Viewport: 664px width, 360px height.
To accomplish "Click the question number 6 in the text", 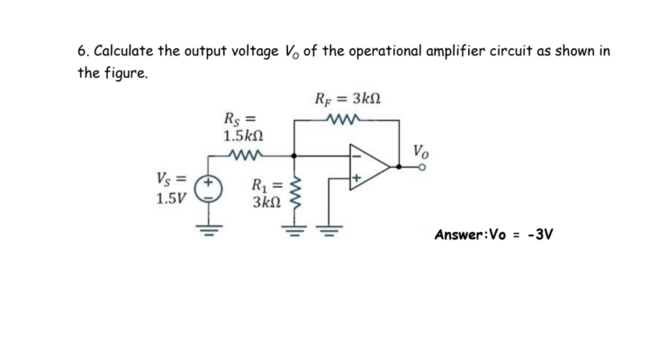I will click(x=82, y=53).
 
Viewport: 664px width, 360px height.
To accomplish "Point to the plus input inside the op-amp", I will click(x=356, y=177).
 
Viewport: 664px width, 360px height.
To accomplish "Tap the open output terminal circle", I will click(x=425, y=166).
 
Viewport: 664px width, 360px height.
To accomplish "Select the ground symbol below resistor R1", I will click(x=292, y=225).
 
